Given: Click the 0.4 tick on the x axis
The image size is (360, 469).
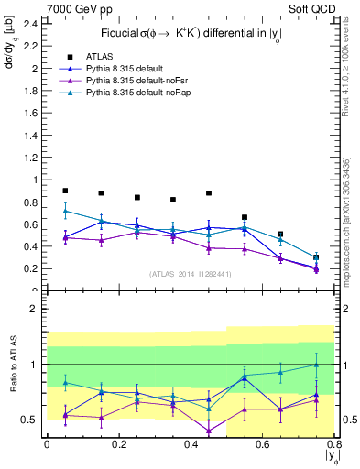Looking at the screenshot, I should click(x=191, y=443).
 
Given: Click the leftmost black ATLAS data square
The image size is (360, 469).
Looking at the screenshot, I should click(x=65, y=191).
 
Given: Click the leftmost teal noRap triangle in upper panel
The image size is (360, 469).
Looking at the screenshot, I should click(x=65, y=211).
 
